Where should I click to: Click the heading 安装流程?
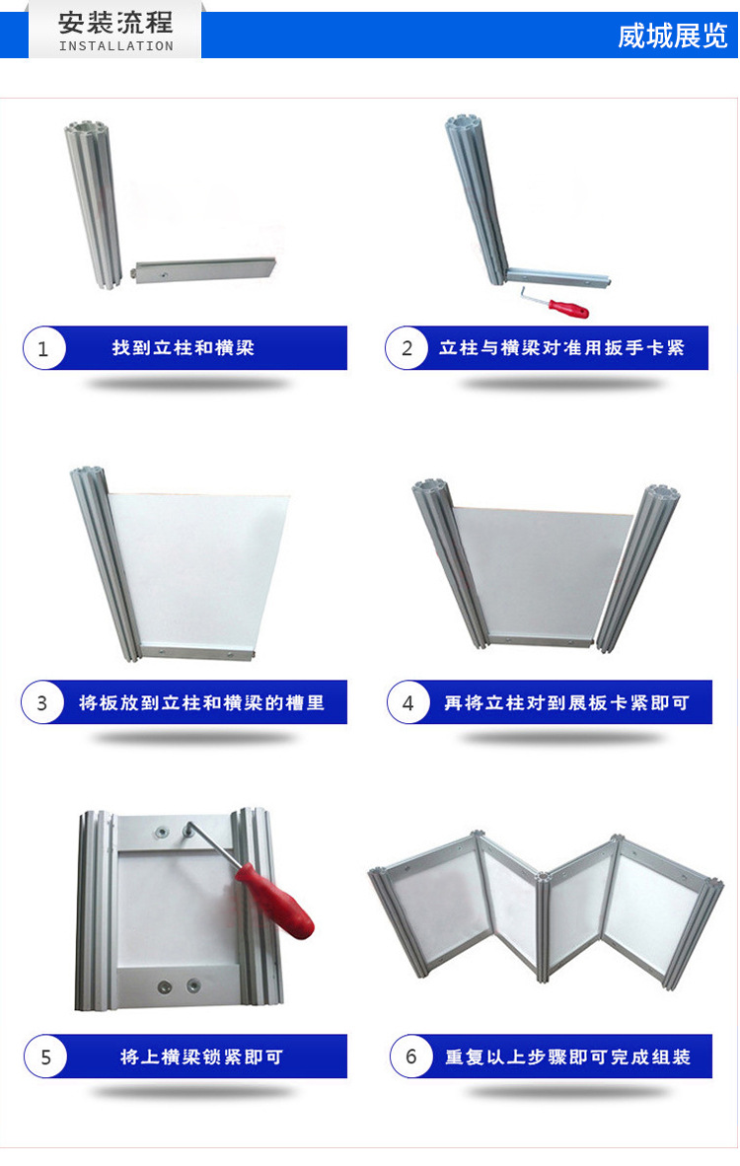tap(115, 22)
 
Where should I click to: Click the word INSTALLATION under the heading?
tap(115, 46)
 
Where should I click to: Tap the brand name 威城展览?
tap(672, 36)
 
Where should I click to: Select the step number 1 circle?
tap(43, 349)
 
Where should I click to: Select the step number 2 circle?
tap(407, 348)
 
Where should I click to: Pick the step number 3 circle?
tap(42, 703)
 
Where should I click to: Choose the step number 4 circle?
tap(408, 703)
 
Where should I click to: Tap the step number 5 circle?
tap(45, 1057)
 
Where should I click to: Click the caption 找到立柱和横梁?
tap(184, 348)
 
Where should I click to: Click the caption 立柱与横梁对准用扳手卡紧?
tap(561, 348)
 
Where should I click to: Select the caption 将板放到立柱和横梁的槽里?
tap(201, 703)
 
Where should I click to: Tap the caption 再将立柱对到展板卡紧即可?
tap(565, 703)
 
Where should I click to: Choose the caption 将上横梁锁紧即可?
tap(201, 1057)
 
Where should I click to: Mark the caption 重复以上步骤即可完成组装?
tap(566, 1057)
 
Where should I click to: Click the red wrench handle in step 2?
tap(569, 308)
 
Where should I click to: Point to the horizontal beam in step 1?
tap(205, 268)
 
